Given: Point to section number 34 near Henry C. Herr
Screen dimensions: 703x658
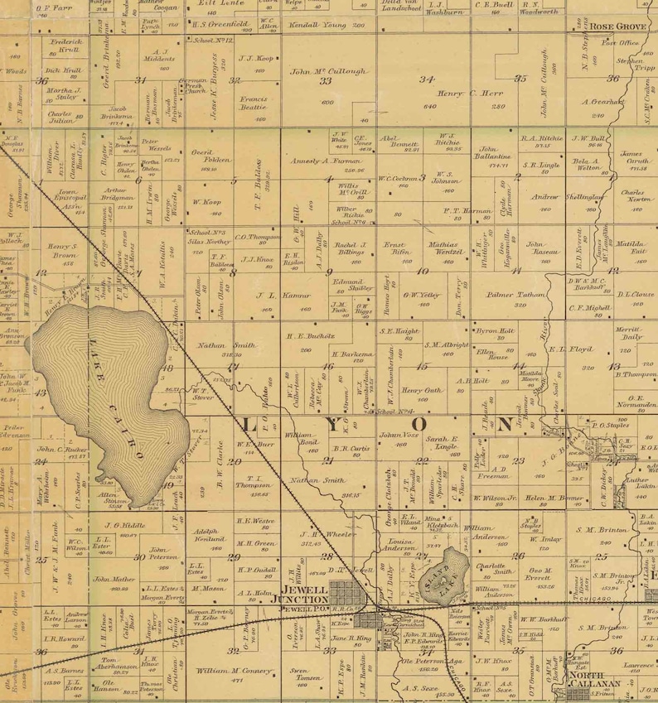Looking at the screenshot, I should pyautogui.click(x=428, y=79).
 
